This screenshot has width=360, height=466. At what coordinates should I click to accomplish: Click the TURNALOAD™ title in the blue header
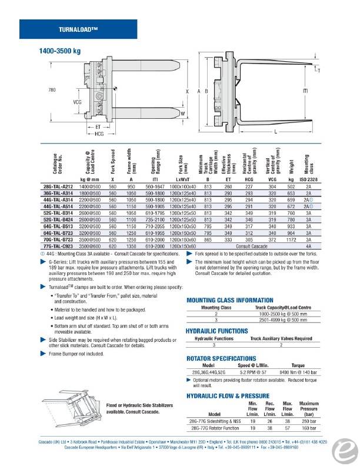click(78, 29)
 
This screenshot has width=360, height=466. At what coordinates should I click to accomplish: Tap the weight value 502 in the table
click(291, 187)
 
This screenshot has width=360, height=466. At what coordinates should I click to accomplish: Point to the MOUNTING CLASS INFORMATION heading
click(229, 300)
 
